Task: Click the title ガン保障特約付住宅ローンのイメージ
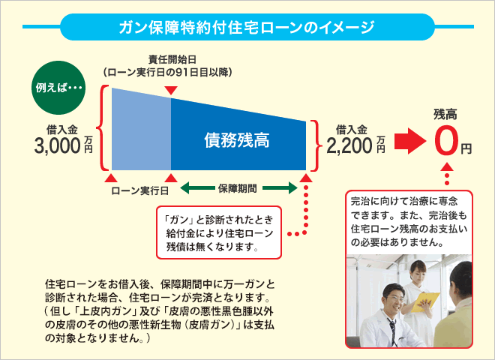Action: click(x=247, y=28)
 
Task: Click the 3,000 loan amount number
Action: click(x=57, y=145)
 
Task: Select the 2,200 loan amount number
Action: click(x=349, y=145)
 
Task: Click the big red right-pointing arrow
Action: click(x=410, y=140)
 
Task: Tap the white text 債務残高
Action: click(x=237, y=139)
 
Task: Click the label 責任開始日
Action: click(x=170, y=59)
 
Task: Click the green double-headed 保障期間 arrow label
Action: click(x=238, y=187)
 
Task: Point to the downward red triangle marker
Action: click(x=171, y=91)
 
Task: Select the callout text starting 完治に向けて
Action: click(x=407, y=222)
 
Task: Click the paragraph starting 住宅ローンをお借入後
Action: click(x=161, y=311)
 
